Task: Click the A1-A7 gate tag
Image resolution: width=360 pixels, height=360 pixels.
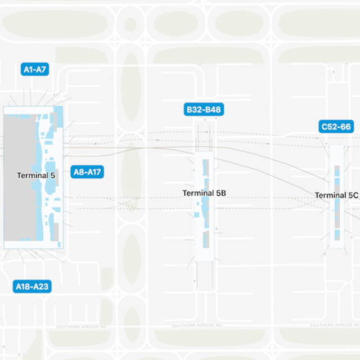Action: tap(34, 69)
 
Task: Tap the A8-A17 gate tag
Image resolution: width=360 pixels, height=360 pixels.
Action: tap(87, 172)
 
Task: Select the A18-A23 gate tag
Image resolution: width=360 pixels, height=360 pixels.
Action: tap(32, 287)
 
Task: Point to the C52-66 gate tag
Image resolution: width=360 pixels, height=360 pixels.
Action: tap(336, 127)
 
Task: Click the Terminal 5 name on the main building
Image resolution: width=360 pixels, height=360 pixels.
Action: tap(36, 175)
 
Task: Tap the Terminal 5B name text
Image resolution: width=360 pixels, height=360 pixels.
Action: tap(204, 193)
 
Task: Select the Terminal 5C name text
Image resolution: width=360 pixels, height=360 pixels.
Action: tap(336, 195)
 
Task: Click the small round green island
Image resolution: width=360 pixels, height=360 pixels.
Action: tap(130, 25)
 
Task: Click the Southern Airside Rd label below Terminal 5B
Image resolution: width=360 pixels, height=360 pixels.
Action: tap(196, 326)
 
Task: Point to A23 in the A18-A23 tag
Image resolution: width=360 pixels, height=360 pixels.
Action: tap(41, 287)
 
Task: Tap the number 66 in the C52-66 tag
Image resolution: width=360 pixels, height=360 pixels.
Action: tap(345, 127)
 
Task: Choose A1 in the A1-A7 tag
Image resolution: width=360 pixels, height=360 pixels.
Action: tap(27, 69)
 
